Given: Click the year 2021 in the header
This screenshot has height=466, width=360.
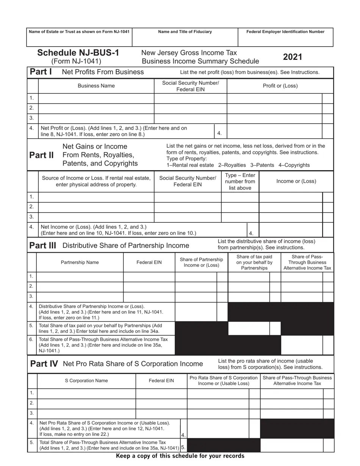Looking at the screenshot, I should click(293, 57).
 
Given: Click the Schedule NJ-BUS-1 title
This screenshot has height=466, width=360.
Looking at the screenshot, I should click(78, 53).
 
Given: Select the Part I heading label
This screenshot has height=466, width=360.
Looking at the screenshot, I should click(41, 72).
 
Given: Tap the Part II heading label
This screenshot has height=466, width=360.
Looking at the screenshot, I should click(41, 155).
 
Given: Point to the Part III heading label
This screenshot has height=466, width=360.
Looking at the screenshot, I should click(43, 245).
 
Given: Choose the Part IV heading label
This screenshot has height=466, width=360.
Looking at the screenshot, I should click(44, 364).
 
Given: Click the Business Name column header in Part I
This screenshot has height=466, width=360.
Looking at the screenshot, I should click(96, 86).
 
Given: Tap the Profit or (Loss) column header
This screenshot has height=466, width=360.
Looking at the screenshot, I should click(280, 86).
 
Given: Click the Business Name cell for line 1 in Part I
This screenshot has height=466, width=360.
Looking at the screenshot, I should click(96, 98).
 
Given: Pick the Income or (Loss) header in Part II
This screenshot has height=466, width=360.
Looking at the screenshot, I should click(296, 181).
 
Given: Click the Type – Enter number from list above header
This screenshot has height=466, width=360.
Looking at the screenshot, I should click(240, 181).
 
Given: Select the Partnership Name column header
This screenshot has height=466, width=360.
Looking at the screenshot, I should click(80, 262).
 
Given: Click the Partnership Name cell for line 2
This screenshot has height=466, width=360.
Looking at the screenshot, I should click(80, 286).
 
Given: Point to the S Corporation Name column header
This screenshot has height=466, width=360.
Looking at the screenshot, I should click(86, 380).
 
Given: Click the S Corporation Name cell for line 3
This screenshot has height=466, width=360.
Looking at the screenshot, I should click(86, 413).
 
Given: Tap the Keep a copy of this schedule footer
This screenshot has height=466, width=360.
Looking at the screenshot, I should click(180, 456).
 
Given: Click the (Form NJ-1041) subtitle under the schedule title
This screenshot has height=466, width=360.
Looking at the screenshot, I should click(76, 61).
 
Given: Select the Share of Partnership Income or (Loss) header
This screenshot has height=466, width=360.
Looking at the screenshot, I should click(201, 262).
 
